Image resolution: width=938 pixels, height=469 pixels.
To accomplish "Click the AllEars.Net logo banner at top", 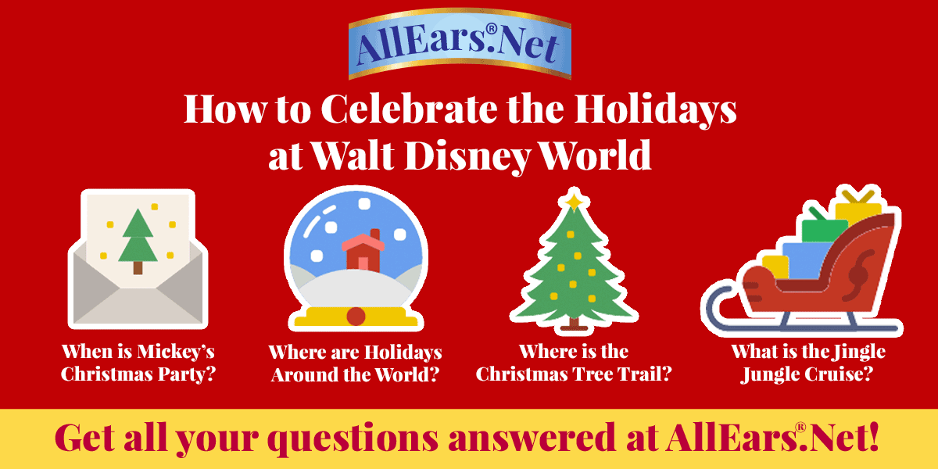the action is [460, 44].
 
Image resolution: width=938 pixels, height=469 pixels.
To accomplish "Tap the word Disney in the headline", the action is [467, 156].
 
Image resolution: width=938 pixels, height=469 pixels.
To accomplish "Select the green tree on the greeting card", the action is [138, 242].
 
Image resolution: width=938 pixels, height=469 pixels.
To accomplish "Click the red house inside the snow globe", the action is [363, 250].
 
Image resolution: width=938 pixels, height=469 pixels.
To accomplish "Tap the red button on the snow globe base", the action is [356, 316].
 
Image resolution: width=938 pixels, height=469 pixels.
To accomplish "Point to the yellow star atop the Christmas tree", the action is [574, 201].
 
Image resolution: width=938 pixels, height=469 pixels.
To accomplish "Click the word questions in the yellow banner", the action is [353, 439].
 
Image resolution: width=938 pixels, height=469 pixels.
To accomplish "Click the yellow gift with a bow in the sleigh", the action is [857, 209].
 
